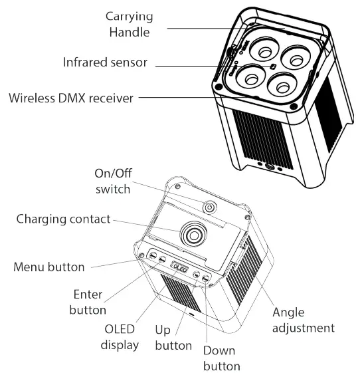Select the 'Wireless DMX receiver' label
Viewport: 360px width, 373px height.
click(x=72, y=99)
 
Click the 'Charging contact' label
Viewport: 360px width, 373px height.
click(x=64, y=219)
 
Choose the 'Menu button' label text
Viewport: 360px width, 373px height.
click(x=49, y=267)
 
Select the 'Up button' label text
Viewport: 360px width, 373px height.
click(x=173, y=338)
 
